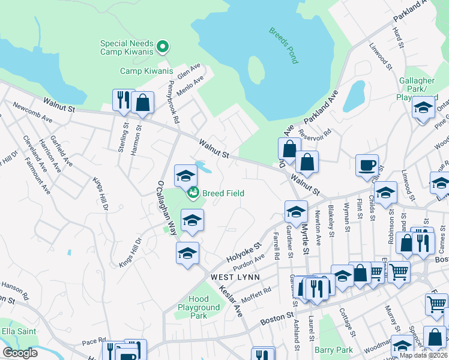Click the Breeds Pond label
[x=283, y=45]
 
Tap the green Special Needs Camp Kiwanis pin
[x=162, y=46]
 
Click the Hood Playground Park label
[x=199, y=307]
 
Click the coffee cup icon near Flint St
[x=367, y=165]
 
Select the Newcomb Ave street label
[x=33, y=112]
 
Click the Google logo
[x=20, y=353]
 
